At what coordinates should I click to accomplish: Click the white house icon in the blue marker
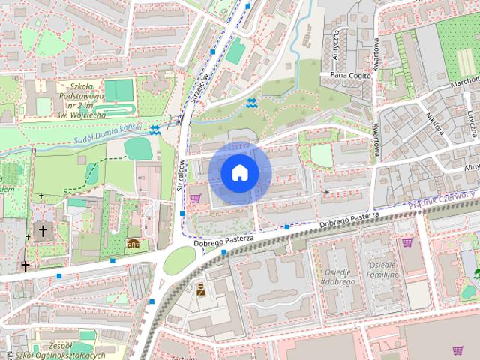[240, 172]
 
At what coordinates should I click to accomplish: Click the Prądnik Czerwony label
[442, 199]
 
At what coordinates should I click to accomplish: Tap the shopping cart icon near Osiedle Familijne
[407, 242]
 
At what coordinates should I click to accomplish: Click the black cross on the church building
[43, 231]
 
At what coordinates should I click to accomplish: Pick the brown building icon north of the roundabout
[133, 244]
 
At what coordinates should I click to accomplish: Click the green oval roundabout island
[179, 259]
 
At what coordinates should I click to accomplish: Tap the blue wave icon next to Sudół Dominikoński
[154, 130]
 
